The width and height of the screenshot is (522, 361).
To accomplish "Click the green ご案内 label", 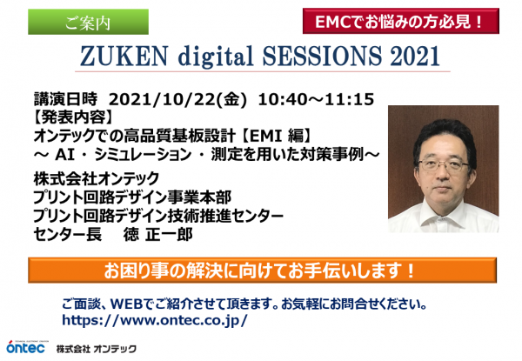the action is coord(88,22).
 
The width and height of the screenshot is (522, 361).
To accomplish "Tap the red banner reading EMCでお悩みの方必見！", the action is coord(401,21).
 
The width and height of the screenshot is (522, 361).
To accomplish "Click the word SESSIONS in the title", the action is coord(322,55).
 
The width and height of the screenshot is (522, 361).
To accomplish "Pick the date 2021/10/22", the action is coord(162,100).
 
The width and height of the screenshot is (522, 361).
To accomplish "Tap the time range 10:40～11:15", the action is coord(316,99).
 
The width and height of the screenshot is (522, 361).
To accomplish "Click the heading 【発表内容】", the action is coord(74,117).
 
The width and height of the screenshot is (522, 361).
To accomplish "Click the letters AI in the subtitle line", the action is coord(64,154).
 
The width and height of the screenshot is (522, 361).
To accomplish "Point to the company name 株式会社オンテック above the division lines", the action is coord(97,178).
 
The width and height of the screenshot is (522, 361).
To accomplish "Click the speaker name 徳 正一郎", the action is coord(157,235).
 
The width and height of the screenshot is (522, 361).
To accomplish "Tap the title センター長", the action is coord(67,235).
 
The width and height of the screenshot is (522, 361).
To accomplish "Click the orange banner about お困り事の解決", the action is coord(263,271).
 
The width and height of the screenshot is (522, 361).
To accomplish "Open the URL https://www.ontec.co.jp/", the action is coord(155,320).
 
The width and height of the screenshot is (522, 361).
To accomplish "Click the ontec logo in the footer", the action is coord(26,347).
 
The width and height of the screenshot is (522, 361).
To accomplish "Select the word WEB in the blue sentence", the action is coord(127,304).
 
